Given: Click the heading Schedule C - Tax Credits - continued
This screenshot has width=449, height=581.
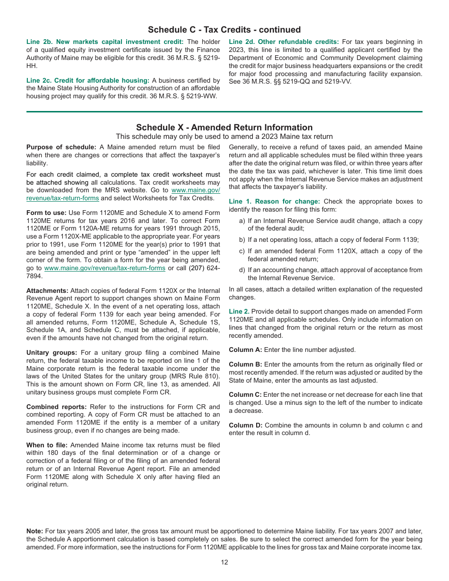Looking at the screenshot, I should (224, 30).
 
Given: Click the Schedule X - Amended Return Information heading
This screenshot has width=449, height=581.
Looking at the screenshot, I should (224, 128).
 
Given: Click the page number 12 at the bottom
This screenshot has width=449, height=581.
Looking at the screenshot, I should (224, 562).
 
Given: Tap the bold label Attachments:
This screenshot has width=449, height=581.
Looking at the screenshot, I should (47, 291).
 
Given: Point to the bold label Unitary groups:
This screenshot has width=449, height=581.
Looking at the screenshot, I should (52, 353).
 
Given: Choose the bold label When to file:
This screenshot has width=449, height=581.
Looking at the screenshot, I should (47, 445).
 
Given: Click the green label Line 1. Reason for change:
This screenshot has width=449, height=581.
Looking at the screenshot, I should (274, 202).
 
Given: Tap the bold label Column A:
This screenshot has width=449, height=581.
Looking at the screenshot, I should (245, 350).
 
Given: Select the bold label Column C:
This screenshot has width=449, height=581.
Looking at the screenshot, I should (245, 395).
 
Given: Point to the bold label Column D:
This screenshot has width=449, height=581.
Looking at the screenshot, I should (245, 426).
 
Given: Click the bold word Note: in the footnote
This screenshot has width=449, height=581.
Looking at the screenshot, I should (35, 532).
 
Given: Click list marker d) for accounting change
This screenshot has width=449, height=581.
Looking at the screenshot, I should (242, 270).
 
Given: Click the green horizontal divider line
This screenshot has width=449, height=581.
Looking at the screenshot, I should (224, 112).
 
